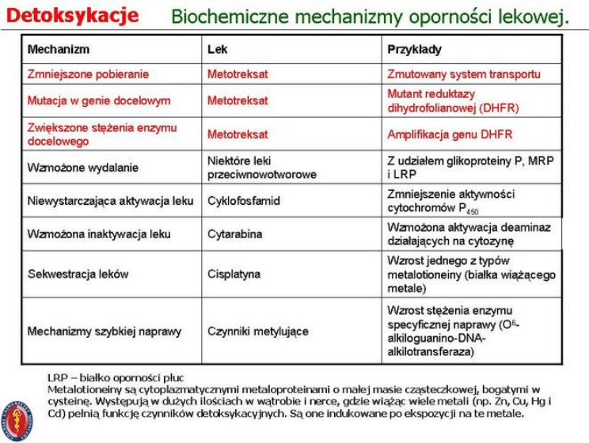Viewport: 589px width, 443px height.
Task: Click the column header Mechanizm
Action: pos(59,49)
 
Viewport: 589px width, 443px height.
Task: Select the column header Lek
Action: pos(217,49)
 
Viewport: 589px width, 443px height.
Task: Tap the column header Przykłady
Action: pos(414,49)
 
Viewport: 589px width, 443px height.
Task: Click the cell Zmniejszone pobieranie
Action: pos(88,74)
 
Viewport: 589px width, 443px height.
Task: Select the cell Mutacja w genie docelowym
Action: pos(98,100)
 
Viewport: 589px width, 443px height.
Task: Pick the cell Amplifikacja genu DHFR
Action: pos(450,134)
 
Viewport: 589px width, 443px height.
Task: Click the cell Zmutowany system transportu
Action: pos(464,74)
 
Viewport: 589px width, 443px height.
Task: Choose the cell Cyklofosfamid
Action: pos(244,201)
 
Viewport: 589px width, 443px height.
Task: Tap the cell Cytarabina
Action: pos(234,234)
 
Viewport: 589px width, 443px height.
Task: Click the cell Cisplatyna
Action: pos(234,274)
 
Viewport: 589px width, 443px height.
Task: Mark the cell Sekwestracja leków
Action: pos(78,274)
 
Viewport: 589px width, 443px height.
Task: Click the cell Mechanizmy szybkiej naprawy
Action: pos(104,331)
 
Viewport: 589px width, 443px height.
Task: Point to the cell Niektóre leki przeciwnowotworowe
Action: pos(261,167)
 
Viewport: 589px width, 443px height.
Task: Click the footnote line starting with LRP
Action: pos(116,378)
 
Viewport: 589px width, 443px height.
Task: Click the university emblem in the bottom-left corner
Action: pos(17,416)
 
